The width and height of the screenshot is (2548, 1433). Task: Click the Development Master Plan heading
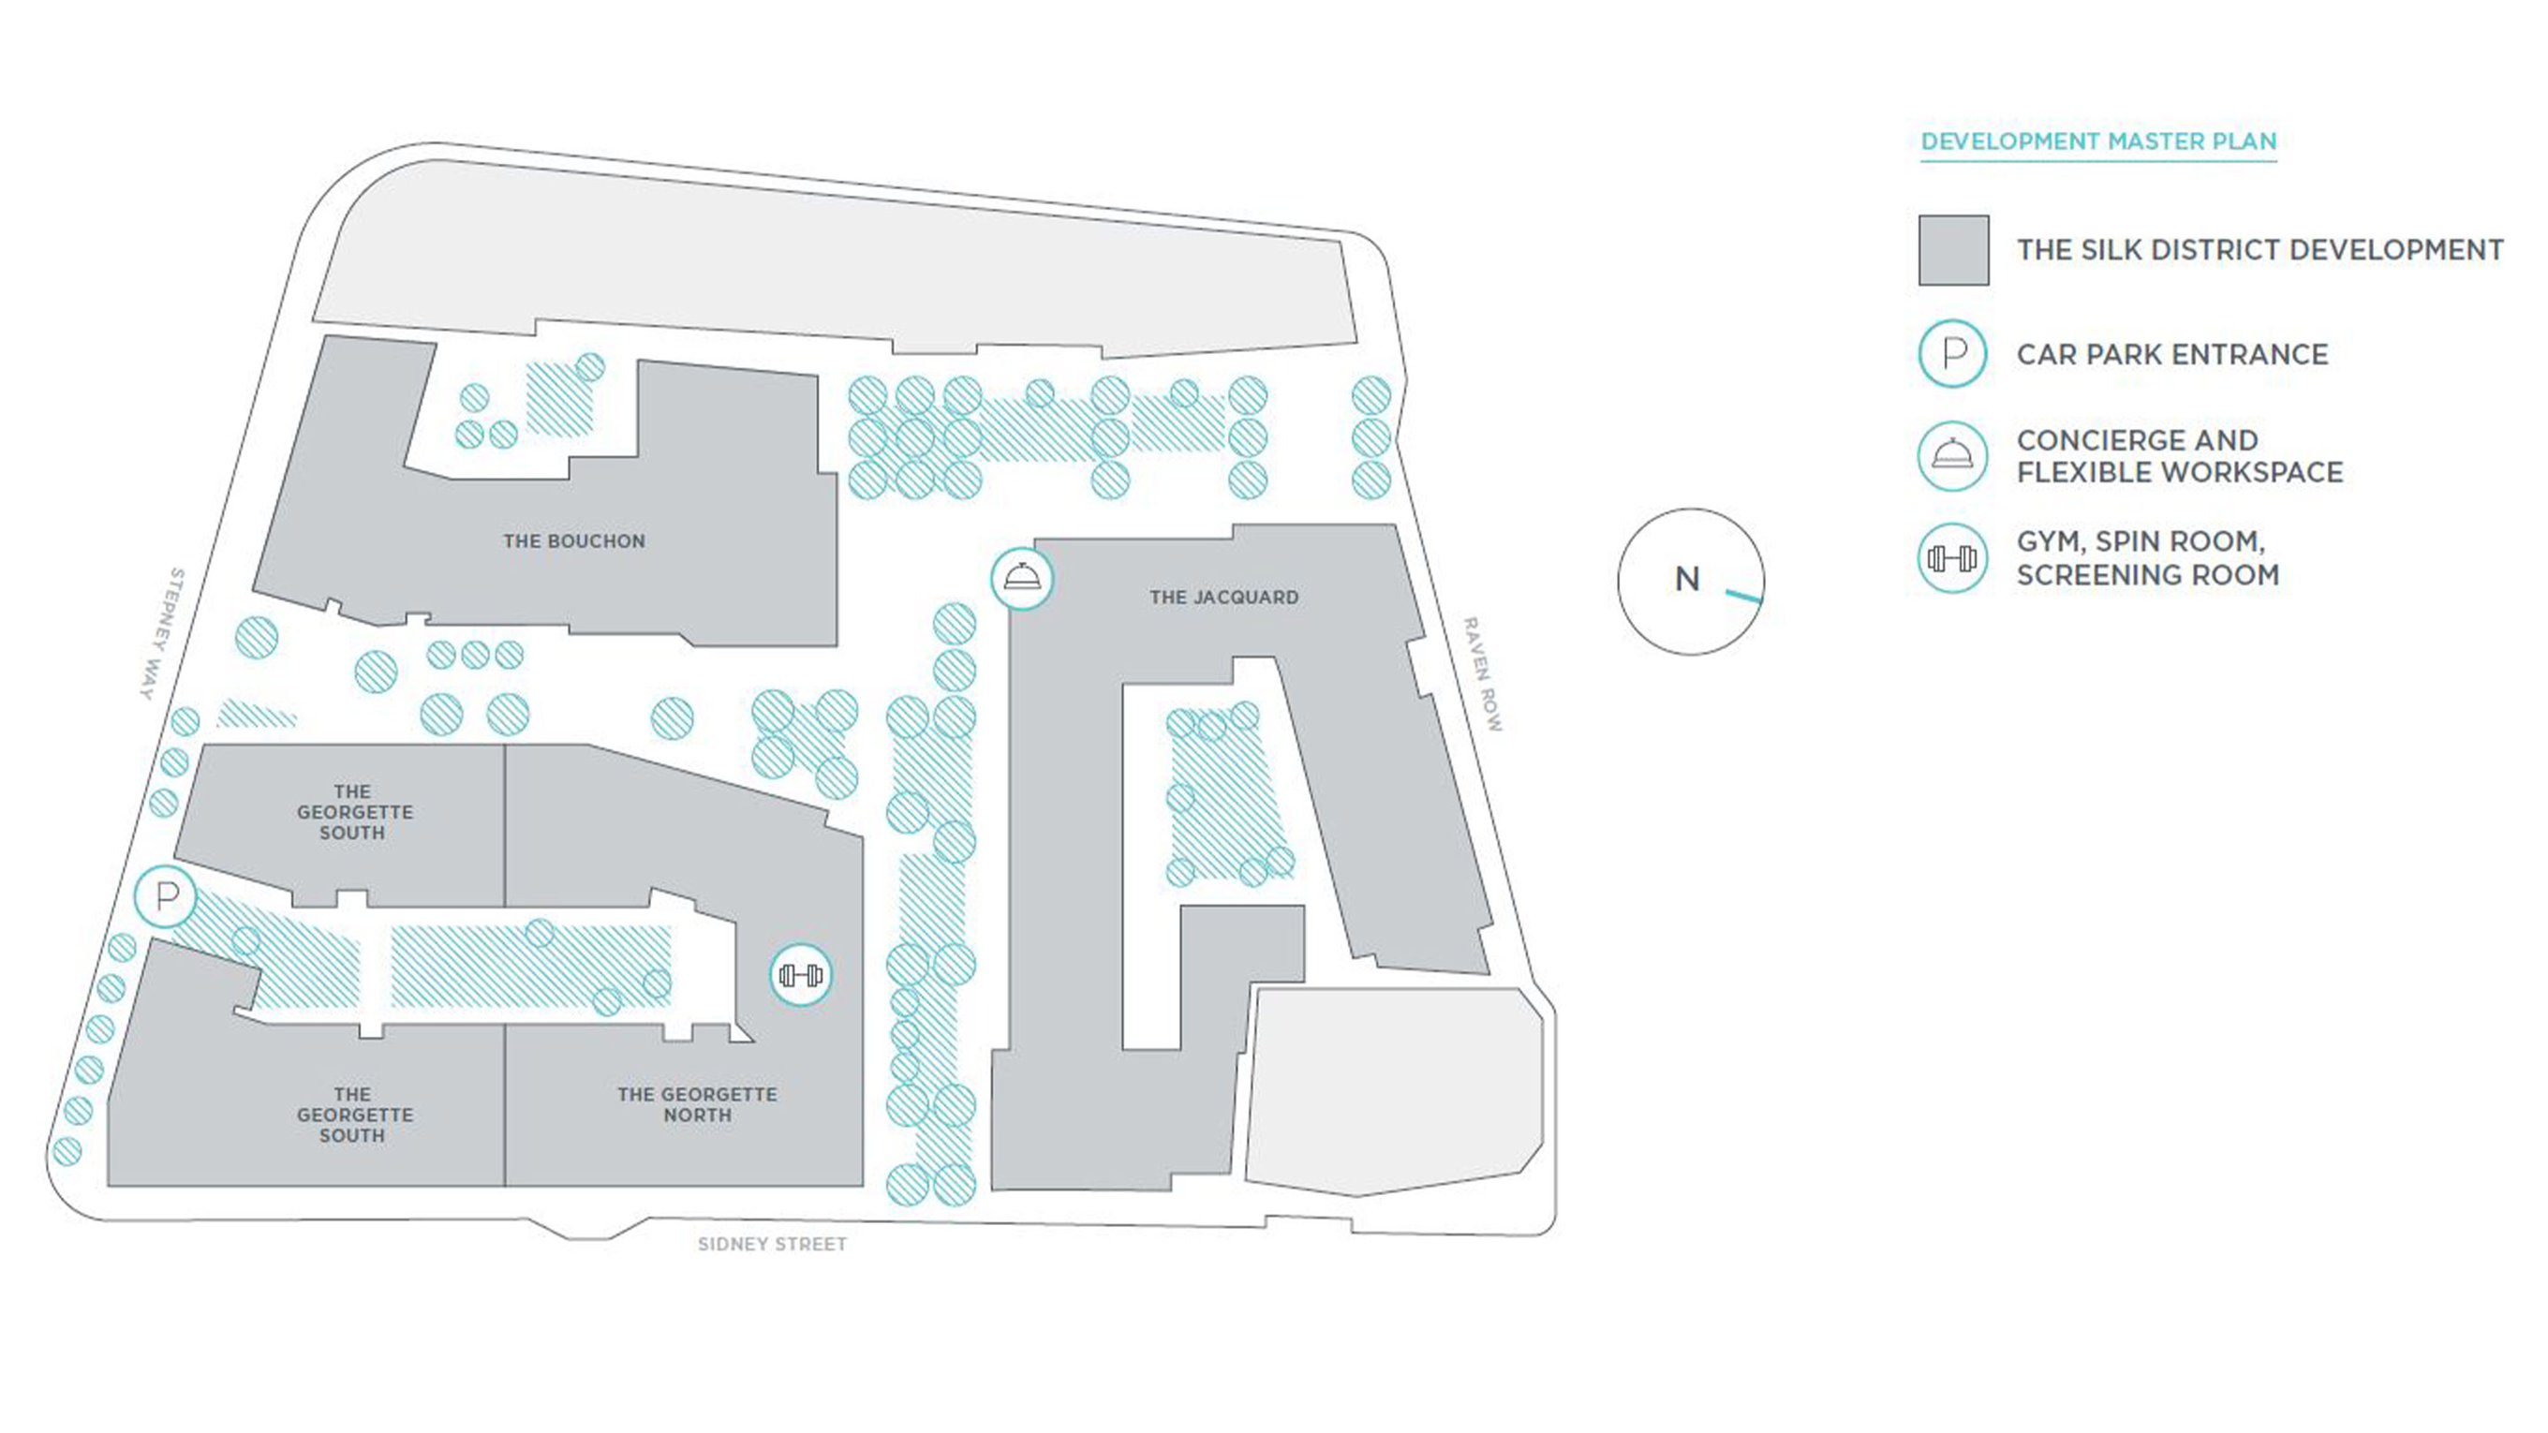coord(2098,141)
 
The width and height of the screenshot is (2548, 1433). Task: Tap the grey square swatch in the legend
coord(1953,250)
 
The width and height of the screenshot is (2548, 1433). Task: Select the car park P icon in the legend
coord(1952,354)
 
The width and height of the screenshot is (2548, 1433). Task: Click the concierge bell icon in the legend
coord(1952,456)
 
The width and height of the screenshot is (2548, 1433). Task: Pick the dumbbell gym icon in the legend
coord(1952,559)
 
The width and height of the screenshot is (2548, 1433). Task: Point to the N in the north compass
coord(1687,580)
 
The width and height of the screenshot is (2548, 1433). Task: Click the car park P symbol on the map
coord(166,897)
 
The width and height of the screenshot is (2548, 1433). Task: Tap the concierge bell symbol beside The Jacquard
coord(1022,579)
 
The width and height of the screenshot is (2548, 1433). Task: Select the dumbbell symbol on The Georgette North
coord(801,976)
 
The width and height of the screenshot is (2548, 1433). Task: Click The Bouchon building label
coord(573,541)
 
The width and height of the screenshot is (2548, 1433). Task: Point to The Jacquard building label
coord(1223,598)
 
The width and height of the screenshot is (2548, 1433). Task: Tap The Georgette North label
coord(697,1104)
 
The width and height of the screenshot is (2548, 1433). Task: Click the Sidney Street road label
coord(773,1244)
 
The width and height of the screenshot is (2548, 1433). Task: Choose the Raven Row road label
coord(1483,674)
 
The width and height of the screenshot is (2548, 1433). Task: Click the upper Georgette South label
coord(354,812)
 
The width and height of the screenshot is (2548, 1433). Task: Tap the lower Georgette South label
coord(354,1115)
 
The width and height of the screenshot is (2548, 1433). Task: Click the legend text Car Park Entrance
coord(2172,354)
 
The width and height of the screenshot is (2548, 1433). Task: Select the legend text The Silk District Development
coord(2260,250)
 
